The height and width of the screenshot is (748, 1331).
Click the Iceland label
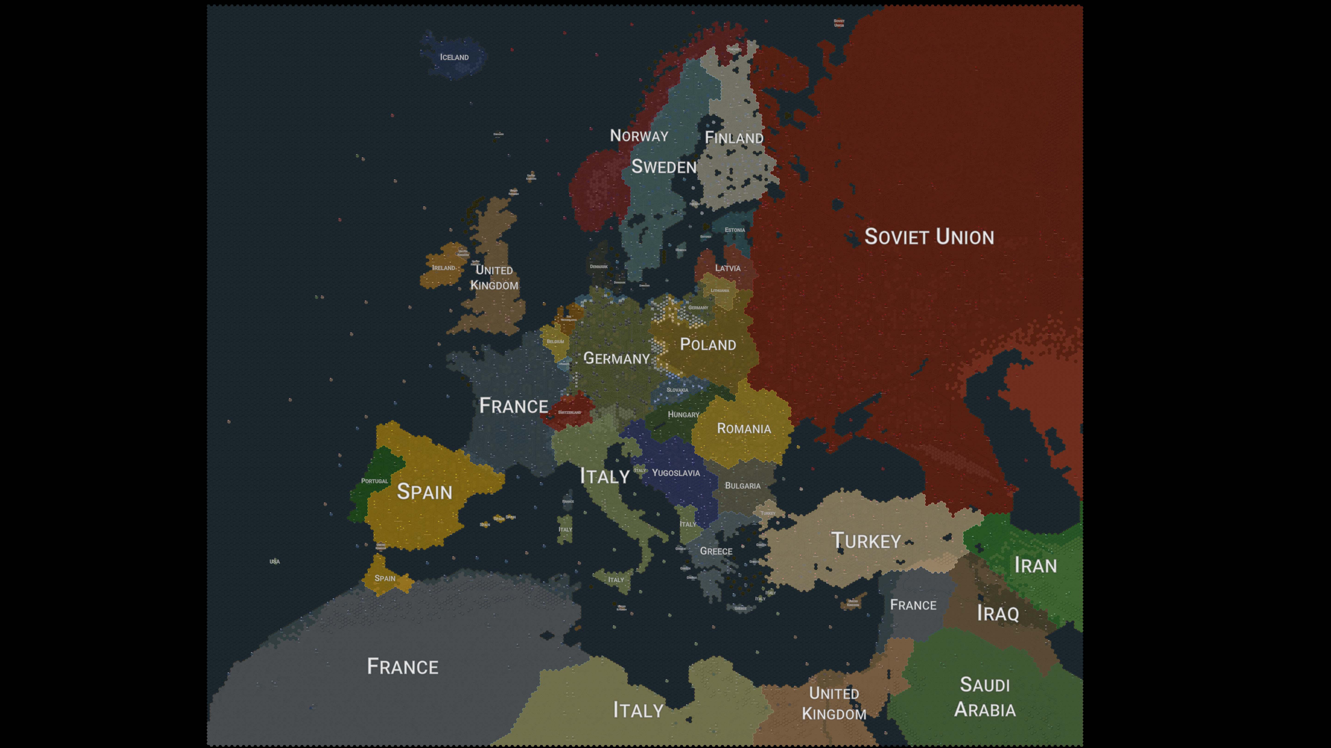coord(454,57)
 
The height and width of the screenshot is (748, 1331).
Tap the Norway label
coord(639,136)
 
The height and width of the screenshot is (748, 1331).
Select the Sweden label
coord(664,167)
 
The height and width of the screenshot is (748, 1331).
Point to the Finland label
coord(734,138)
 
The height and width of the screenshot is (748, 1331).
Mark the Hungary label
coord(683,415)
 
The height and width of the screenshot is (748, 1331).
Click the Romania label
coord(744,428)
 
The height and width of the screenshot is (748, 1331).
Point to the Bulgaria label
coord(742,486)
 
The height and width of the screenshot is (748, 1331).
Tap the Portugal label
coord(374,481)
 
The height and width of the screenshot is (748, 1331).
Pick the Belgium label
coord(556,342)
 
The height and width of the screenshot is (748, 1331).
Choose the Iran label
coord(1035,565)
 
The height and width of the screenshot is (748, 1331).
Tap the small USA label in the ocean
coord(274,562)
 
